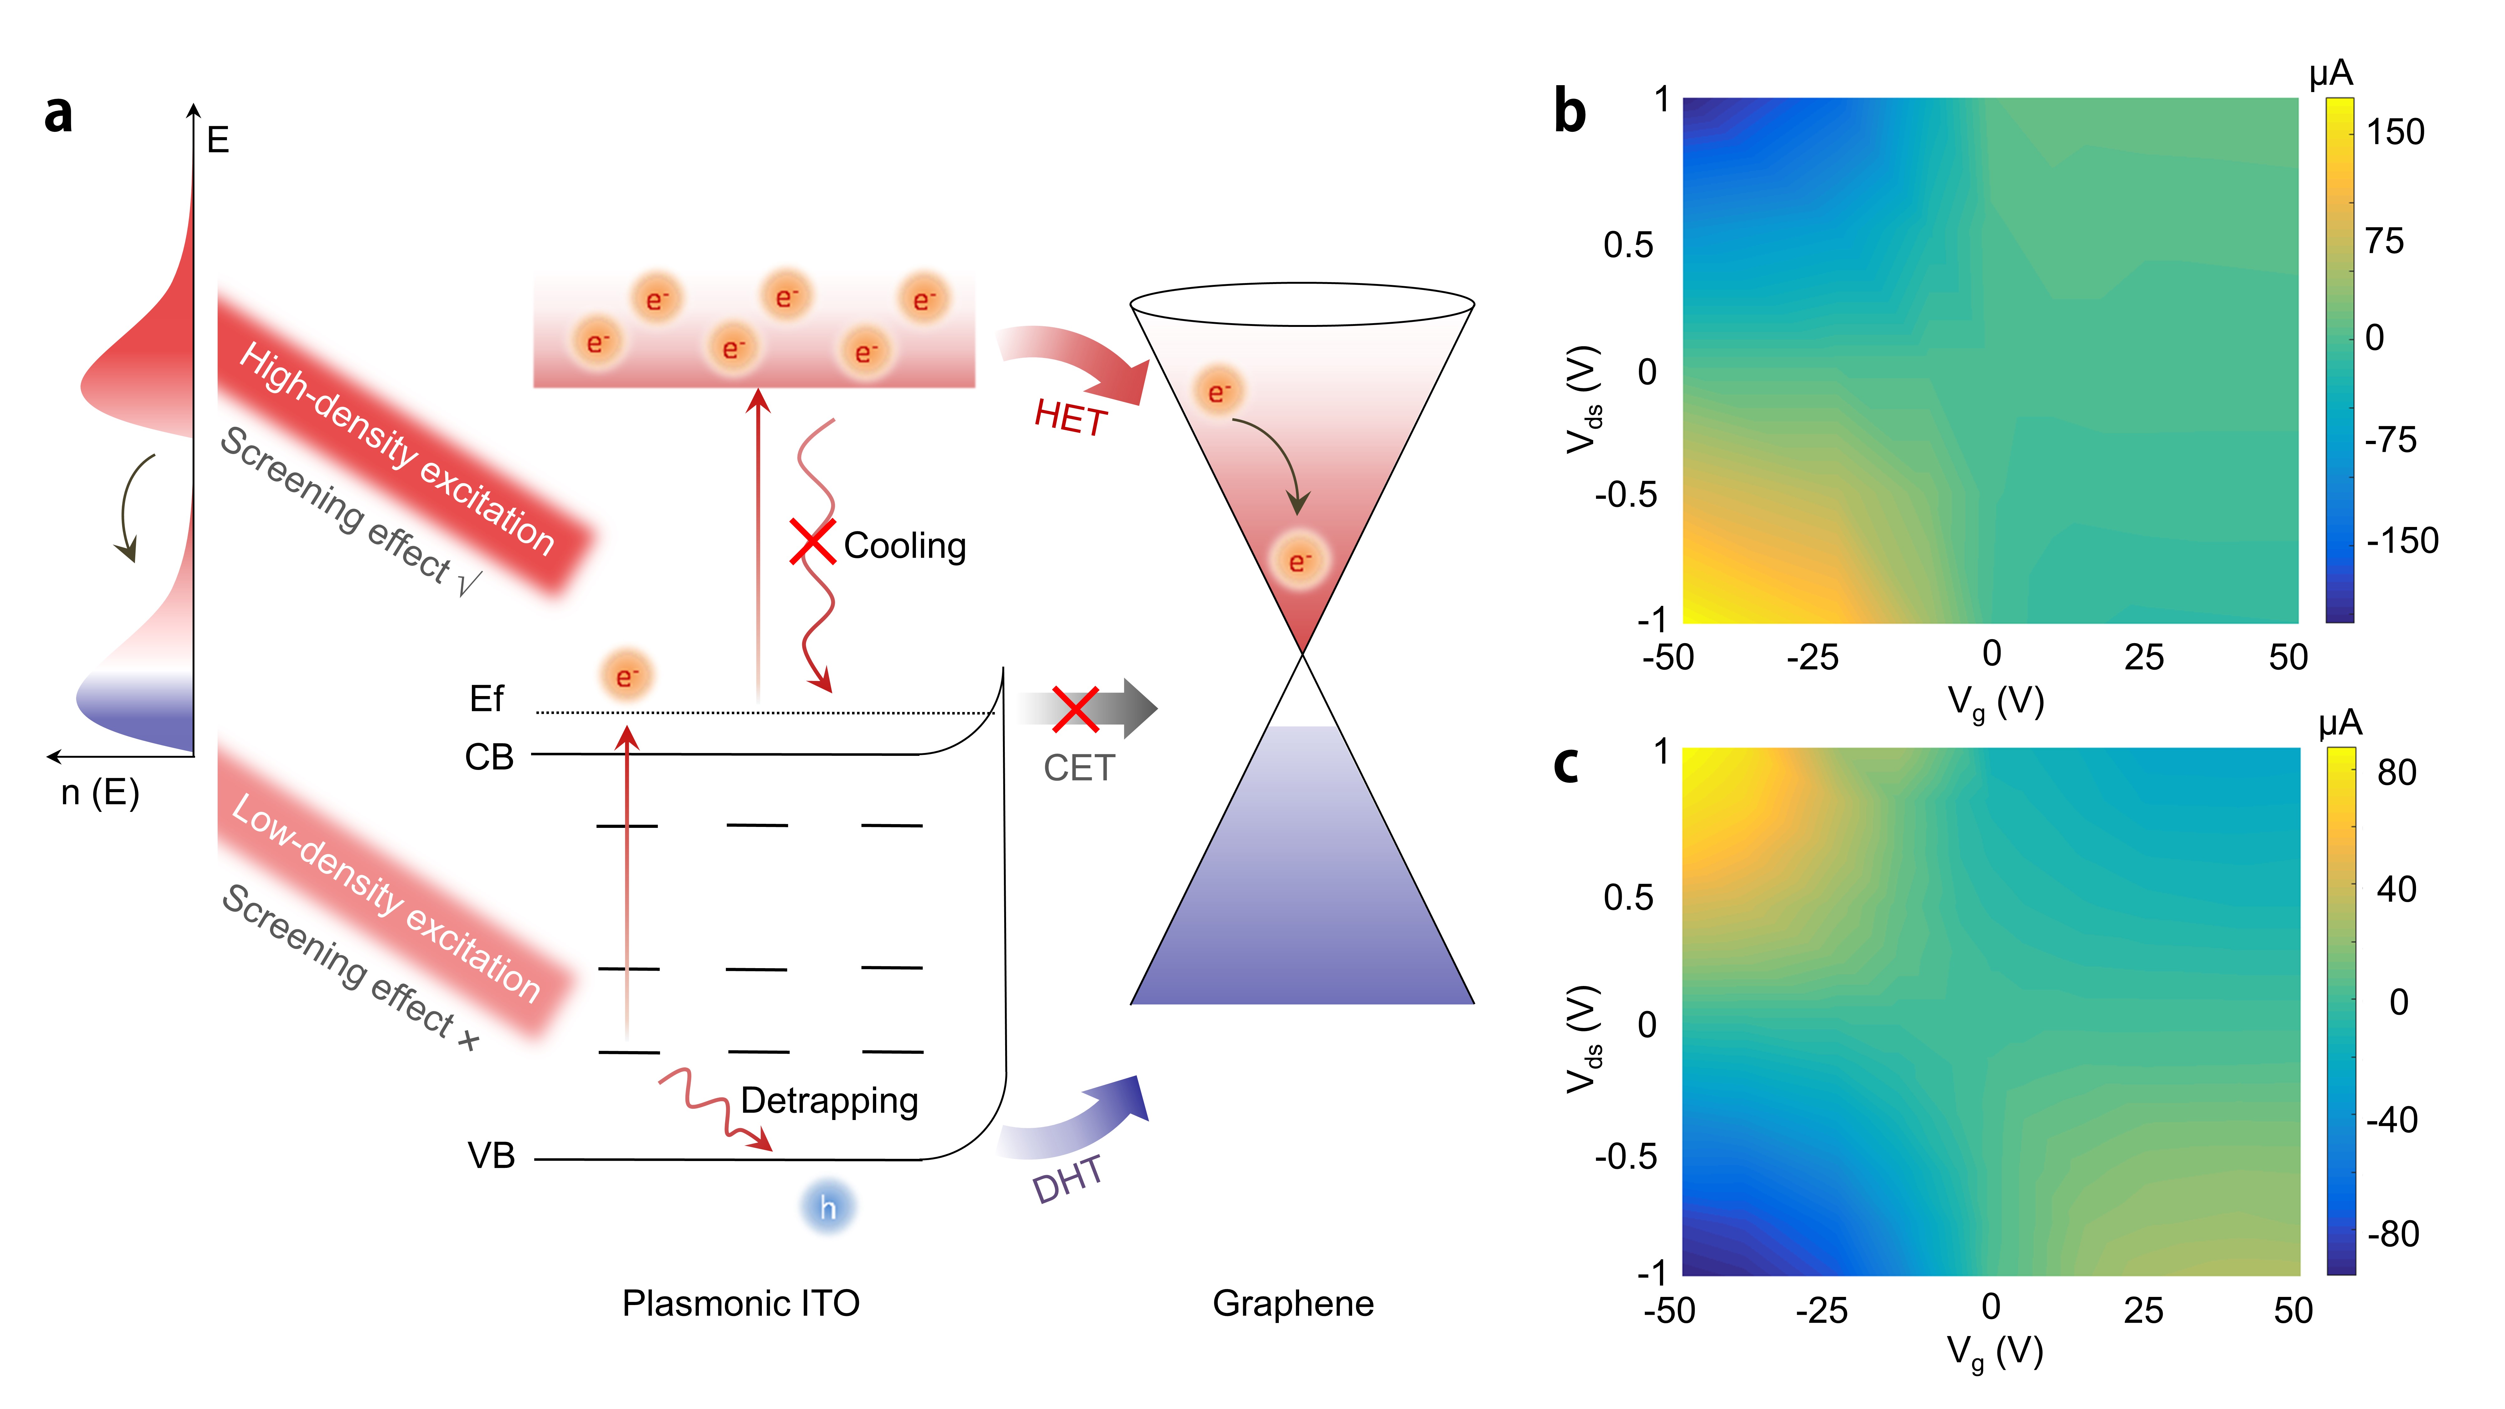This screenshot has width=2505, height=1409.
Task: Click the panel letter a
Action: [x=58, y=114]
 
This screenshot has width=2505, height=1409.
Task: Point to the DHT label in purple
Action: [x=1068, y=1179]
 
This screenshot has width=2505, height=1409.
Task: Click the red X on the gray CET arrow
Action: [x=1076, y=709]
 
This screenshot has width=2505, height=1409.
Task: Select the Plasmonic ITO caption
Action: [x=741, y=1303]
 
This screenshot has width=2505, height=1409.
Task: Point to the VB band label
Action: [x=491, y=1156]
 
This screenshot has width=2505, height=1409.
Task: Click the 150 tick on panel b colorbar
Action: [x=2394, y=132]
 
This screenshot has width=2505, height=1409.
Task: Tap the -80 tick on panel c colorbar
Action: [x=2392, y=1234]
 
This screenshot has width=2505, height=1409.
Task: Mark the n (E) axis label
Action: [x=100, y=792]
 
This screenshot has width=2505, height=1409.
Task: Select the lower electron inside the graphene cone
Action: [x=1299, y=561]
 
